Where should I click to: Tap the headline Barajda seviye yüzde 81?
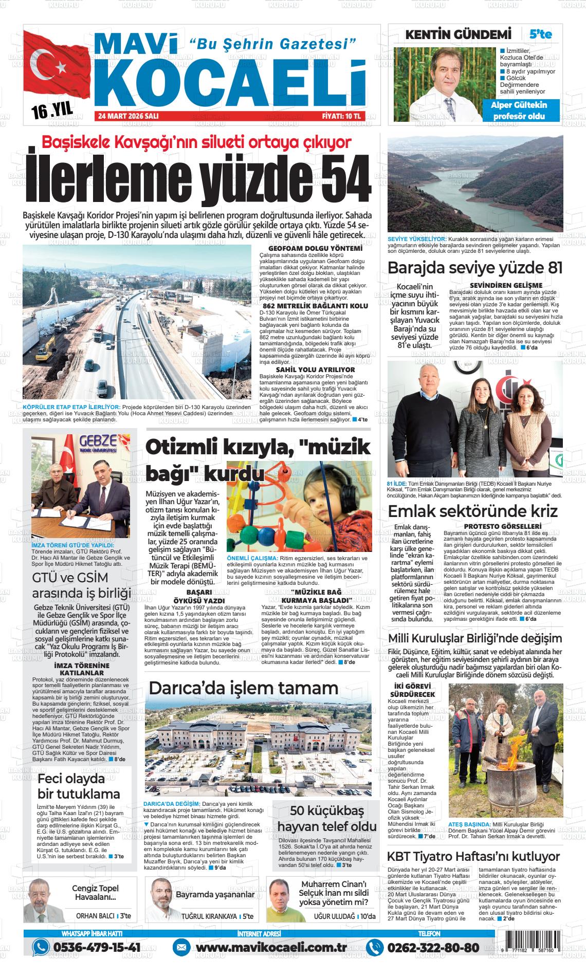coord(475,268)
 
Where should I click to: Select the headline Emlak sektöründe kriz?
coord(472,512)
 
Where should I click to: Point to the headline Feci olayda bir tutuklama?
coord(79,786)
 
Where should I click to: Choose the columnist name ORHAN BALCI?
coord(95,916)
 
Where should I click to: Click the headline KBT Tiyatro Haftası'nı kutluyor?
coord(473,857)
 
